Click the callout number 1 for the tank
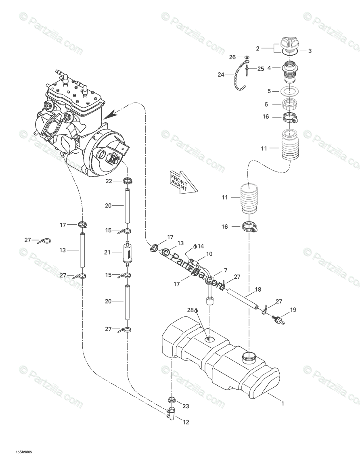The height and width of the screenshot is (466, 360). pos(283,403)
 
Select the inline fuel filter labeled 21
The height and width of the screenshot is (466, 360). pos(127,253)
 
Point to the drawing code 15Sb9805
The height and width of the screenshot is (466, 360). pos(24,452)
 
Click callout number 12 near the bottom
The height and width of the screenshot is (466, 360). pos(186,422)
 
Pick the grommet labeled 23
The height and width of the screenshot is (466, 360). pos(171,400)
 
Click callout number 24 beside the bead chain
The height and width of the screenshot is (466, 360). pos(220,74)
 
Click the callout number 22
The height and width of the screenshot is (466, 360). pos(109,181)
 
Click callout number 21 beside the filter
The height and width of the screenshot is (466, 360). pos(107,253)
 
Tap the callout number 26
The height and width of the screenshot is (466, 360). pos(232,57)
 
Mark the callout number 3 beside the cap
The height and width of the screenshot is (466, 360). pos(310,51)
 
